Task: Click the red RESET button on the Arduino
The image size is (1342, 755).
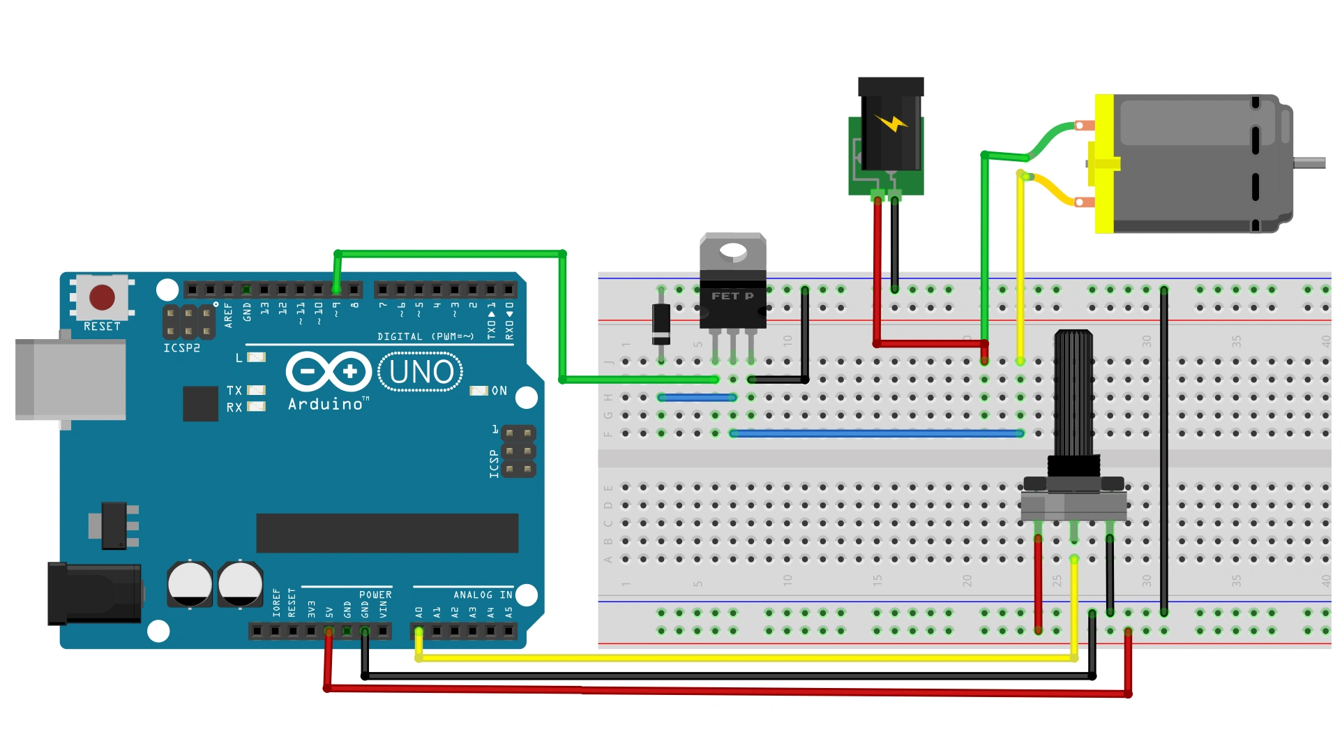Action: coord(102,297)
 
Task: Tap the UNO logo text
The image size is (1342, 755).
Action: coord(421,373)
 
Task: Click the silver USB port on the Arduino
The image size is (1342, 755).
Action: coord(70,379)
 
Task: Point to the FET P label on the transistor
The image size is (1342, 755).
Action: coord(732,296)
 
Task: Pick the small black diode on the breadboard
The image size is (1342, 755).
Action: coord(661,324)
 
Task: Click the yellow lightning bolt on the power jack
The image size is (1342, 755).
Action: coord(890,124)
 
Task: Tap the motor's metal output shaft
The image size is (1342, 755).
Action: coord(1309,163)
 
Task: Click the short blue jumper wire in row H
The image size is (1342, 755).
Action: coord(697,398)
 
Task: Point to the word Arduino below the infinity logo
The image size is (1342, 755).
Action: coord(326,405)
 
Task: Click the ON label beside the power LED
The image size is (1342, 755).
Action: coord(499,391)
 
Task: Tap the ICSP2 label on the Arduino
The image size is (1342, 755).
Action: coord(181,348)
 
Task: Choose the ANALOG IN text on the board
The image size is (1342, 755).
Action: coord(483,595)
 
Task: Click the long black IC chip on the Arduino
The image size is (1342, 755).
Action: coord(387,533)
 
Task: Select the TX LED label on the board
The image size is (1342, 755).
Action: coord(234,391)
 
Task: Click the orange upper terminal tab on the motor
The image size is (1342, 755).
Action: coord(1083,126)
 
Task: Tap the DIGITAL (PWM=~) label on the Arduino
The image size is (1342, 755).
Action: coord(425,337)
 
